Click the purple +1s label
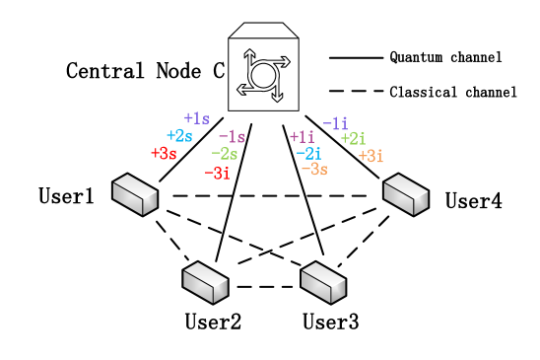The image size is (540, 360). [196, 118]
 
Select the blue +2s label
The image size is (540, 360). [179, 136]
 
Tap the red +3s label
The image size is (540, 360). [164, 154]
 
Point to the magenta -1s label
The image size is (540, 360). [232, 137]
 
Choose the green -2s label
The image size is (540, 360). [224, 154]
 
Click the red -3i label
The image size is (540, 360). [217, 174]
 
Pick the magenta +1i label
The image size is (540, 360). [302, 137]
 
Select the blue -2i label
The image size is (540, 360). [308, 154]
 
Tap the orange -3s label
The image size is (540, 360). [313, 170]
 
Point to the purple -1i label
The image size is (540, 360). [335, 123]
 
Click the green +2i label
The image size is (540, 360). [353, 139]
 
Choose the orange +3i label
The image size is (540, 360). [371, 156]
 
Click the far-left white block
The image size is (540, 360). [135, 194]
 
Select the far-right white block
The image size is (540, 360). [406, 194]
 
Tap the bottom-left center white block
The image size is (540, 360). [205, 282]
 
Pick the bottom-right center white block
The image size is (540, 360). [323, 282]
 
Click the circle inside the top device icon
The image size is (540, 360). [263, 75]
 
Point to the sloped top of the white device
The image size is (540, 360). [263, 31]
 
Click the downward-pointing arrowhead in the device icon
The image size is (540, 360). [277, 97]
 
